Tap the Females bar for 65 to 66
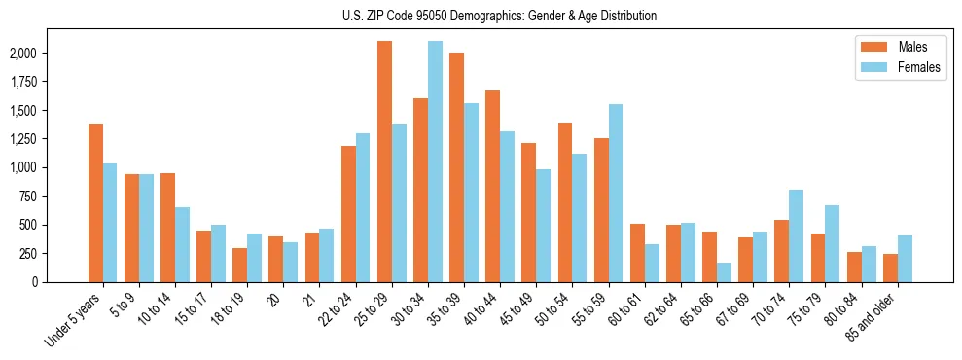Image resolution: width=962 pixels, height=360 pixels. [x=725, y=272]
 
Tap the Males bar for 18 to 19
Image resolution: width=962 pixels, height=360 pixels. [x=240, y=265]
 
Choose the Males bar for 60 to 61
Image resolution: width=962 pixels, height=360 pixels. [x=638, y=253]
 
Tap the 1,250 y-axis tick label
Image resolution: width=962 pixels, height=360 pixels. [x=50, y=139]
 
